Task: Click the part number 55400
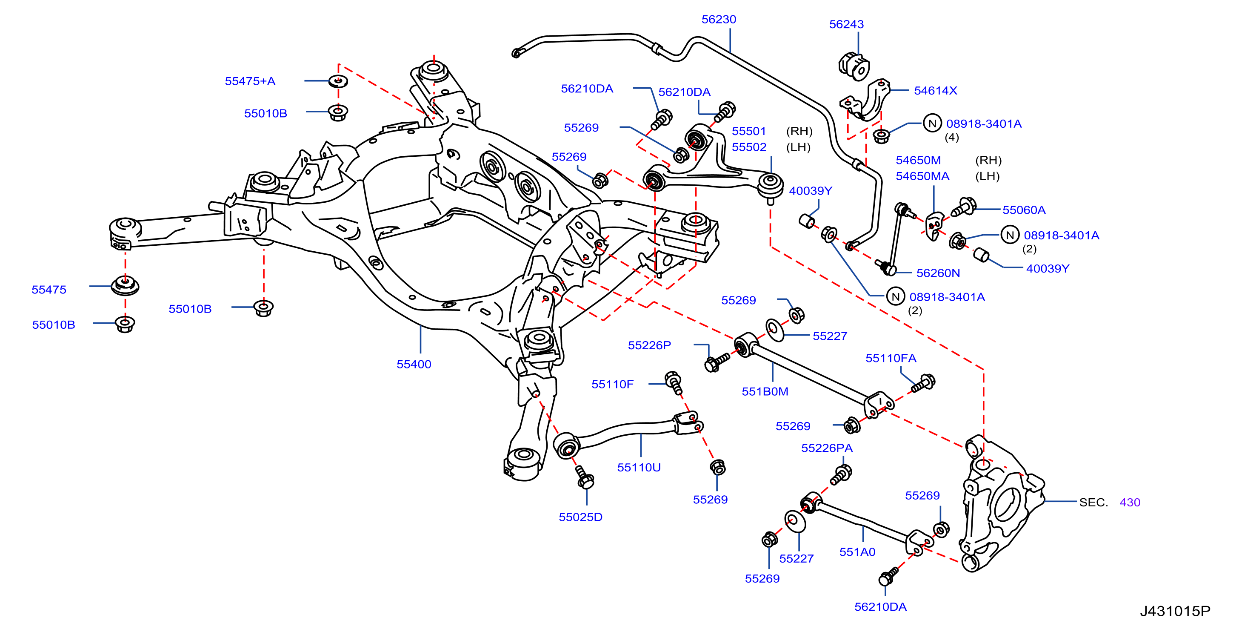tap(414, 365)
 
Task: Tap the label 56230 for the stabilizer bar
tap(719, 20)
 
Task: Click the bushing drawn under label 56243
tap(854, 66)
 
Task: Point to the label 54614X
tap(936, 90)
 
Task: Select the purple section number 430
tap(1130, 503)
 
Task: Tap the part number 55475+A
tap(250, 81)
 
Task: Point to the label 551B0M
tap(765, 392)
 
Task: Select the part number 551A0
tap(857, 552)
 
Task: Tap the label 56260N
tap(938, 273)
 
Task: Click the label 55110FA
tap(891, 358)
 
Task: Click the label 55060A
tap(1023, 210)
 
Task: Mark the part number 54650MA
tap(922, 176)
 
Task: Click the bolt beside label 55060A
tap(963, 207)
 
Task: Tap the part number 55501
tap(749, 131)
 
